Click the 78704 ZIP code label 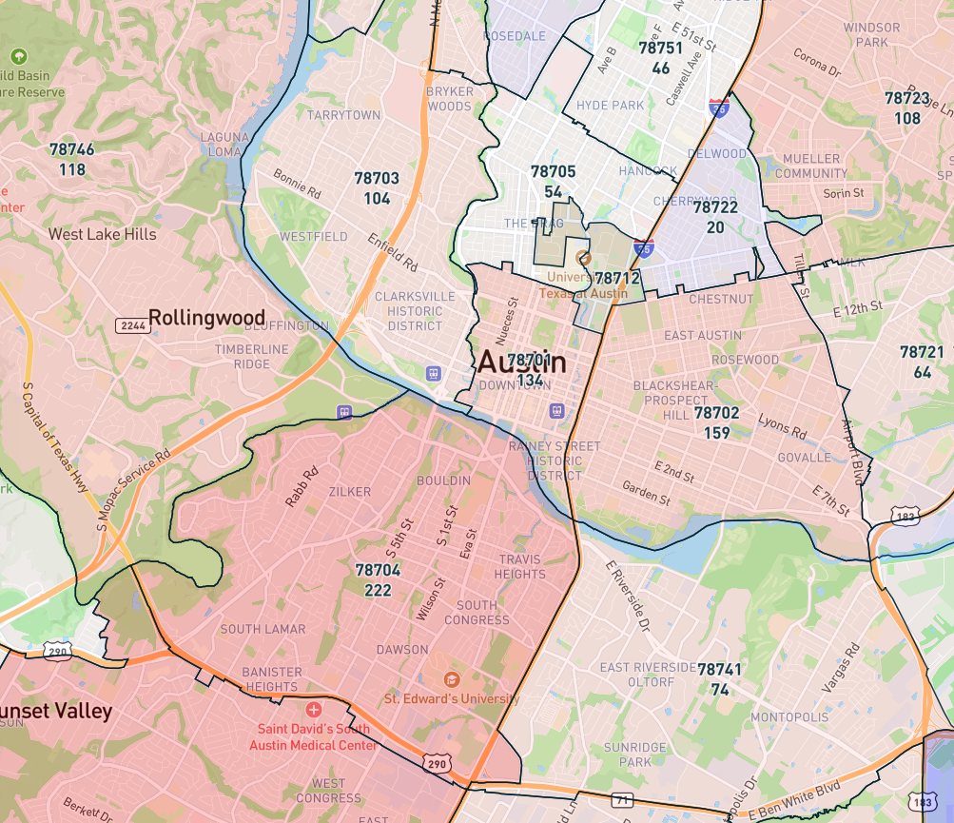378,570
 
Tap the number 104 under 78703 377,199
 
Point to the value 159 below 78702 716,433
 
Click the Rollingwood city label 206,317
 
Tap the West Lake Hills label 102,234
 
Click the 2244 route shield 132,325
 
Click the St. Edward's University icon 451,679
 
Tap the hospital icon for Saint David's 314,710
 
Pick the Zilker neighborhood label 349,492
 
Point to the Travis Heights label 520,567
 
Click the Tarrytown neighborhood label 343,115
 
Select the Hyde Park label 610,106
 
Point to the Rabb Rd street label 301,485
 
